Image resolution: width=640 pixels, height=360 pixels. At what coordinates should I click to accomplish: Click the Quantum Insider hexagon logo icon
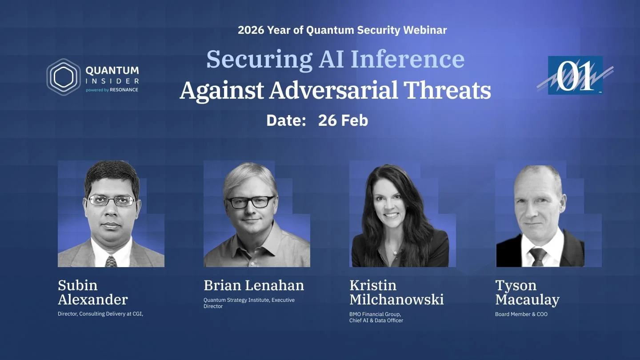tap(64, 77)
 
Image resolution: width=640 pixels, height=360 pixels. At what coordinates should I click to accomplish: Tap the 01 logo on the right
tap(575, 75)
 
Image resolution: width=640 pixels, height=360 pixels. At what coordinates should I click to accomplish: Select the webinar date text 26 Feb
tap(343, 120)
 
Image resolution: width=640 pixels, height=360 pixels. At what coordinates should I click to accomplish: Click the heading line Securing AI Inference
tap(335, 59)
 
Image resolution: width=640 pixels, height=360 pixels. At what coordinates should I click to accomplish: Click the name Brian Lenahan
tap(254, 285)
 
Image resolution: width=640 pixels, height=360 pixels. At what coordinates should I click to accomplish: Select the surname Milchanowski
tap(396, 300)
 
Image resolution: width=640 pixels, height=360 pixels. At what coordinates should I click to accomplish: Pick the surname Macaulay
tap(527, 300)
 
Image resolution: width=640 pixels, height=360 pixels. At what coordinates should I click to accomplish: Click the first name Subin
tap(77, 285)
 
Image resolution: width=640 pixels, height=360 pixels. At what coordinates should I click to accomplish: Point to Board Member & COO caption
tap(521, 314)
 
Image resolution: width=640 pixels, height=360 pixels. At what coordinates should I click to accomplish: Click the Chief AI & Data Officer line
tap(376, 320)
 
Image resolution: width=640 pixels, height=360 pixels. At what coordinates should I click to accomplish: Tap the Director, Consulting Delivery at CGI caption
tap(100, 314)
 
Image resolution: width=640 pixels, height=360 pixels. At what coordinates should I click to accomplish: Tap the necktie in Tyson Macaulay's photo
tap(537, 256)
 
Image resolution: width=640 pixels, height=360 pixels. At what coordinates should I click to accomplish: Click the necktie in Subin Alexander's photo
tap(111, 261)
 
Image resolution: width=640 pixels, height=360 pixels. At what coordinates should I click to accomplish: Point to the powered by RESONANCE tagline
tap(112, 90)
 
